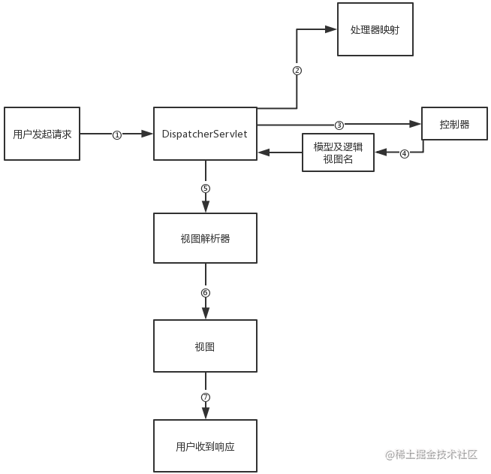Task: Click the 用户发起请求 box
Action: [x=42, y=134]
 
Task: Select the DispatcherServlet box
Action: [x=205, y=134]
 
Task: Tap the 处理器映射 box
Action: [x=375, y=29]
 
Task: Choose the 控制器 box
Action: [x=454, y=125]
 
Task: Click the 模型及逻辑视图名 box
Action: [x=338, y=152]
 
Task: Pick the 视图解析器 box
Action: [x=205, y=238]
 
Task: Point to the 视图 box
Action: [x=205, y=346]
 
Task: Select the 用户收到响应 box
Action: [x=205, y=445]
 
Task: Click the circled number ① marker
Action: [x=117, y=134]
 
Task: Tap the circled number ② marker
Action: [x=297, y=71]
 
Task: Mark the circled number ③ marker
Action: [x=339, y=125]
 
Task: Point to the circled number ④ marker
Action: [x=404, y=153]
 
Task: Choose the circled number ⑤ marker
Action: [x=206, y=188]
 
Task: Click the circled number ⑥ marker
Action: [x=206, y=292]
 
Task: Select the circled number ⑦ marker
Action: [x=206, y=397]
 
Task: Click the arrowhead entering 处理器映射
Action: [x=331, y=29]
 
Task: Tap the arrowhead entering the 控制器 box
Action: [x=415, y=125]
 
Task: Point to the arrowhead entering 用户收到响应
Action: [x=206, y=414]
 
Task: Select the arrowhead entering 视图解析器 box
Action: [x=206, y=207]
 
